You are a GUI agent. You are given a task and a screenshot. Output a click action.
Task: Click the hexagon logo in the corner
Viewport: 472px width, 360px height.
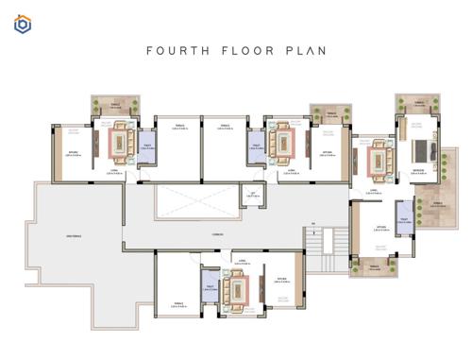tap(23, 25)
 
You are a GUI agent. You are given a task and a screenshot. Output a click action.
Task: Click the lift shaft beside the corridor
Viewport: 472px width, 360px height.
tap(250, 196)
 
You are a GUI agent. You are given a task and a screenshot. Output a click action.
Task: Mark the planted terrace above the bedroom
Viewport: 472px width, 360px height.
tap(416, 105)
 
